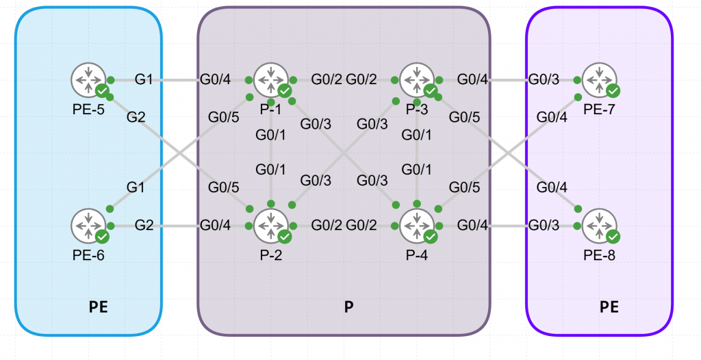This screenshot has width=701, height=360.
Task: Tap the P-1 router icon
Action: click(x=270, y=79)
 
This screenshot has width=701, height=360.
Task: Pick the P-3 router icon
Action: click(x=416, y=79)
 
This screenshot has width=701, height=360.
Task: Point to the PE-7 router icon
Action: click(x=599, y=79)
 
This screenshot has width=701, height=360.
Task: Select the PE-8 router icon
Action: click(x=599, y=225)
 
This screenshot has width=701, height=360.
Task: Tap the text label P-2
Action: click(x=270, y=255)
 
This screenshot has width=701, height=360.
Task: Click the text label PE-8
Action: click(x=599, y=255)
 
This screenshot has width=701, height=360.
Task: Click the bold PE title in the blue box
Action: click(x=99, y=308)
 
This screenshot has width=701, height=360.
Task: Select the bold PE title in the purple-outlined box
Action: click(x=609, y=308)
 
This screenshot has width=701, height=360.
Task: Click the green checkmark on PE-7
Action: click(x=613, y=90)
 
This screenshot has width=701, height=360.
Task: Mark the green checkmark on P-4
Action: click(x=431, y=236)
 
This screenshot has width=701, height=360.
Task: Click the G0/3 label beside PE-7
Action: click(x=544, y=79)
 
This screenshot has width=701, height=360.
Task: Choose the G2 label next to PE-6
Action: click(x=144, y=225)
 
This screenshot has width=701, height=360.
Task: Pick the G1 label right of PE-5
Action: click(x=144, y=79)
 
